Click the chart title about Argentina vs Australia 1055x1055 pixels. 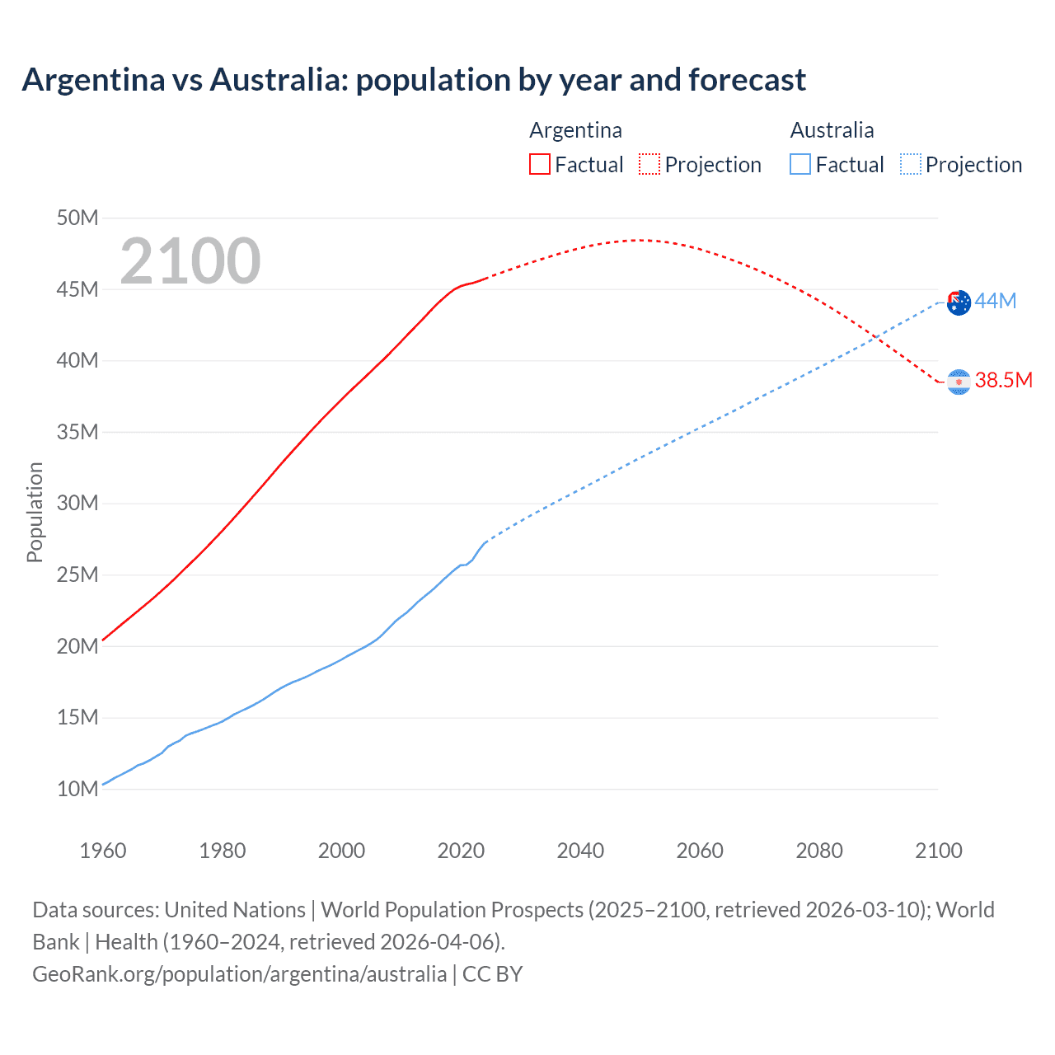[414, 80]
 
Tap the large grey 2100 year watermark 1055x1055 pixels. [190, 261]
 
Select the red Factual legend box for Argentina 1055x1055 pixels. [539, 165]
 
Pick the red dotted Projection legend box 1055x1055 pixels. [649, 165]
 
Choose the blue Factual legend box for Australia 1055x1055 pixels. [800, 165]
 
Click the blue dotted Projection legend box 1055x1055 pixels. [911, 165]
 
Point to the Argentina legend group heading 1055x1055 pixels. [575, 130]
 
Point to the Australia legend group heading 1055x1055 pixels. [832, 130]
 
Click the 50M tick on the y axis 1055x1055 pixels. [77, 218]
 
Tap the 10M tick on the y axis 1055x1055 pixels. [77, 789]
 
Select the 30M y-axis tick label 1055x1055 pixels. [77, 503]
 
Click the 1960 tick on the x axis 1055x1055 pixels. [103, 851]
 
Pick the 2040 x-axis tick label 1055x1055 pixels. [580, 851]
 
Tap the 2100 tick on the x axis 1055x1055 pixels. [938, 851]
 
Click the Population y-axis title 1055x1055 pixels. [35, 512]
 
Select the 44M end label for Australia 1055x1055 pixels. [995, 302]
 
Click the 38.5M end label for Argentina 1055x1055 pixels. [1003, 380]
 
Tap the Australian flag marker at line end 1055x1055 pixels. [959, 303]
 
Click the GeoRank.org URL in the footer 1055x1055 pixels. [239, 974]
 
